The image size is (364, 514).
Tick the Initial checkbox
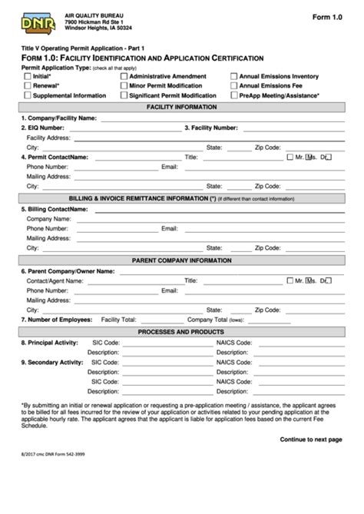tap(28, 77)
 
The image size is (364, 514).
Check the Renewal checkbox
tap(28, 86)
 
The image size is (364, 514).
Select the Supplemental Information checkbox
tap(28, 96)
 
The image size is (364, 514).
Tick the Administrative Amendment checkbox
tap(124, 77)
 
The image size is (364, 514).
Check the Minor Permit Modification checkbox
tap(124, 86)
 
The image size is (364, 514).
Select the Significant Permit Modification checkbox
tap(124, 96)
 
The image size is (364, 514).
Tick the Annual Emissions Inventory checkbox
tap(233, 77)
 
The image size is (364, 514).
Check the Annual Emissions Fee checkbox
tap(233, 86)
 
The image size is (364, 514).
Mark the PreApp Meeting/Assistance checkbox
tap(233, 96)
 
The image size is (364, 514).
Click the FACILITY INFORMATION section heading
tap(181, 107)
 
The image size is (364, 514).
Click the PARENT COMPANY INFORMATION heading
tap(181, 260)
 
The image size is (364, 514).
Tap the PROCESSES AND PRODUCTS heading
tap(181, 331)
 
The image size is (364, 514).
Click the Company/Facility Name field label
tap(59, 118)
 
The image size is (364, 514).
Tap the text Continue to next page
tap(310, 439)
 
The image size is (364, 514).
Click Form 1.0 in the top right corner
tap(326, 16)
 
